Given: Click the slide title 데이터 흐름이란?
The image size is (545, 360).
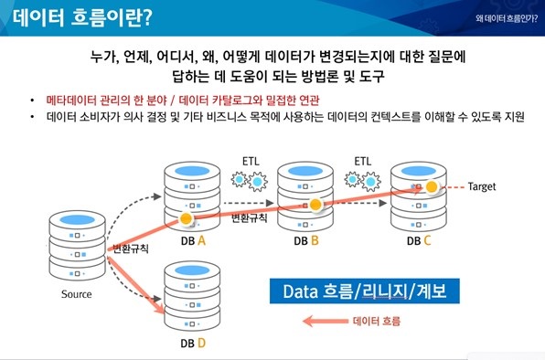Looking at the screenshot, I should click(x=83, y=17).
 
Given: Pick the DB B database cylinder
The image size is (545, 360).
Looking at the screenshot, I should click(x=304, y=195).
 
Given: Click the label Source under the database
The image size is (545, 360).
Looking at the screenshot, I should click(x=77, y=294).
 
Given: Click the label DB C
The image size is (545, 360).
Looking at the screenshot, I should click(x=420, y=241).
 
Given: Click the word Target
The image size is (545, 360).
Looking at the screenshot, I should click(x=482, y=186).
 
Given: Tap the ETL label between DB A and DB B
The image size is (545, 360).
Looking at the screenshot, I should click(x=250, y=160).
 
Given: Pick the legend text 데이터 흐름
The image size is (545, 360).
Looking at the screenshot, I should click(x=376, y=322).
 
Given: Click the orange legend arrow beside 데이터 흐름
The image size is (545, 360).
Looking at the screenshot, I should click(x=326, y=322).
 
